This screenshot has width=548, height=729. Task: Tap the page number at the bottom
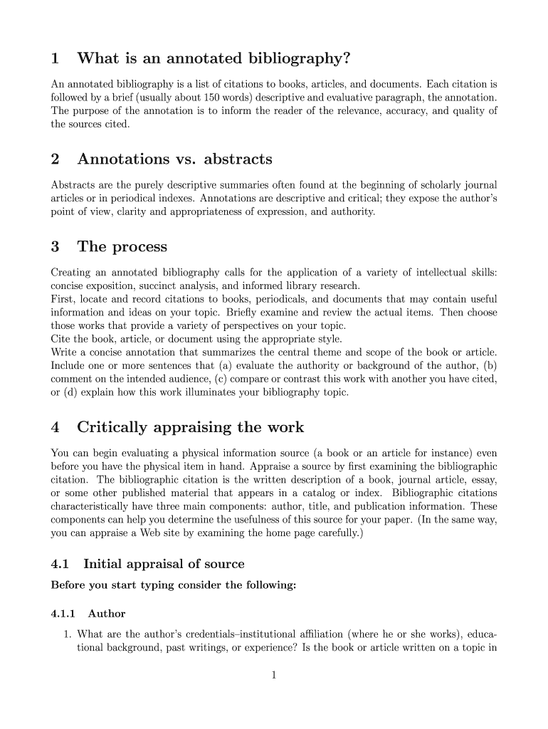pyautogui.click(x=273, y=676)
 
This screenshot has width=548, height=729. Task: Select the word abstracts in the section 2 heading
pyautogui.click(x=234, y=159)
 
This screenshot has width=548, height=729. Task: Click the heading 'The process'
pyautogui.click(x=122, y=247)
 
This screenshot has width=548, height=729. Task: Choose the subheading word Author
pyautogui.click(x=107, y=613)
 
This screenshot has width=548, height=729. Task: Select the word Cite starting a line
pyautogui.click(x=61, y=339)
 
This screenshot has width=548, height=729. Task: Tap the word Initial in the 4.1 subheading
pyautogui.click(x=103, y=564)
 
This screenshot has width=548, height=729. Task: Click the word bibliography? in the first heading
pyautogui.click(x=300, y=57)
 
